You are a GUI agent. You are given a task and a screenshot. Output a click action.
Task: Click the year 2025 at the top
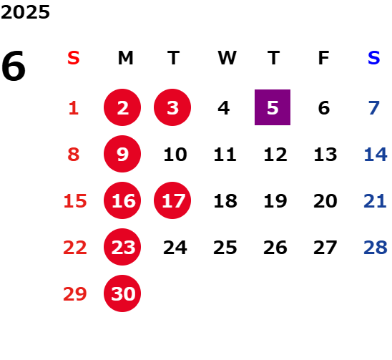(25, 12)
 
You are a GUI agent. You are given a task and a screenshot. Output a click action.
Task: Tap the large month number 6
(14, 66)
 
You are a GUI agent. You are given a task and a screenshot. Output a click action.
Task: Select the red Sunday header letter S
(74, 58)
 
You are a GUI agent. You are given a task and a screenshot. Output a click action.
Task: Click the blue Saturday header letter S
(373, 58)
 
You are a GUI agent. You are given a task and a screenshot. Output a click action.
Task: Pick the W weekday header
(227, 58)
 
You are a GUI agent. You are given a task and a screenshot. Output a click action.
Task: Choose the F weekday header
(324, 58)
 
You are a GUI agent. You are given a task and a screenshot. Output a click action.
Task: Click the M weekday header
(125, 58)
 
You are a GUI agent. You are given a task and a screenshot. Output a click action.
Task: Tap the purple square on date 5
(273, 107)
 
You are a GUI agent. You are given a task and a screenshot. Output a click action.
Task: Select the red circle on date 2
(122, 107)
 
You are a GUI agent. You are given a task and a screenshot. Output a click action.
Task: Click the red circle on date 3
(172, 107)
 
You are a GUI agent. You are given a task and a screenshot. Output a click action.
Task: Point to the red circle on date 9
(122, 154)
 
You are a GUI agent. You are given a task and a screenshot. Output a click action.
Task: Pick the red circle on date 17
(172, 200)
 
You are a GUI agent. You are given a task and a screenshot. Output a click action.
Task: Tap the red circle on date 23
(122, 247)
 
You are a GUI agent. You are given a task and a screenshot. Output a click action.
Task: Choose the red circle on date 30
(122, 293)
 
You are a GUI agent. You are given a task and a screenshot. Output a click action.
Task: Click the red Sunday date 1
(74, 108)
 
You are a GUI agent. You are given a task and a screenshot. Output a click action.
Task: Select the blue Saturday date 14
(376, 155)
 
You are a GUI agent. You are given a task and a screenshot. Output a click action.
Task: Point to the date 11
(225, 155)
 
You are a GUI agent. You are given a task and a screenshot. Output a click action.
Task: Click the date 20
(325, 201)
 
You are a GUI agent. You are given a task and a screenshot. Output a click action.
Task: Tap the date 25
(225, 248)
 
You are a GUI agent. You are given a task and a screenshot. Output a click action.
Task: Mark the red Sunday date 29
(75, 294)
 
